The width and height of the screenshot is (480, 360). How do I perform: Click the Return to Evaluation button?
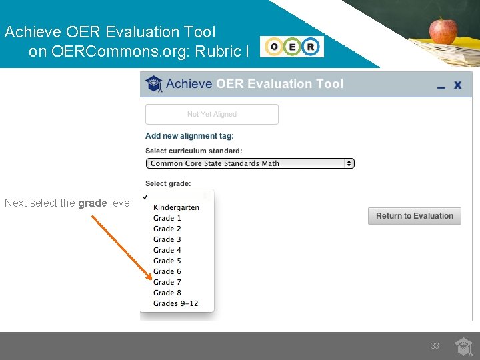pyautogui.click(x=414, y=216)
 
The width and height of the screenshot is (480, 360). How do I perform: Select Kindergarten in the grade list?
pyautogui.click(x=176, y=207)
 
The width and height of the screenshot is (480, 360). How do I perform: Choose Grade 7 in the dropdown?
pyautogui.click(x=167, y=282)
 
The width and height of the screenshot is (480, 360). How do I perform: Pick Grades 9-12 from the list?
pyautogui.click(x=175, y=303)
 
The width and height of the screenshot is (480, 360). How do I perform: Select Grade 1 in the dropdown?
pyautogui.click(x=167, y=218)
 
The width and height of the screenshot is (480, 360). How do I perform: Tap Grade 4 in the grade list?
pyautogui.click(x=167, y=250)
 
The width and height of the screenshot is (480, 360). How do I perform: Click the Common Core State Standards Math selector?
pyautogui.click(x=249, y=163)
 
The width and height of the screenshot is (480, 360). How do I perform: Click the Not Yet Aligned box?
pyautogui.click(x=211, y=114)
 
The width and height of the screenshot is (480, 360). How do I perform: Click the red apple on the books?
pyautogui.click(x=443, y=31)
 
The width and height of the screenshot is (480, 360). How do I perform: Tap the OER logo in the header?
pyautogui.click(x=292, y=47)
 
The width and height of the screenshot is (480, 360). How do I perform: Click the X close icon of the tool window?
pyautogui.click(x=458, y=85)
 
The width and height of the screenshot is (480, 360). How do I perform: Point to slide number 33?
pyautogui.click(x=435, y=346)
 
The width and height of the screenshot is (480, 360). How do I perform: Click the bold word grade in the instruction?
pyautogui.click(x=91, y=203)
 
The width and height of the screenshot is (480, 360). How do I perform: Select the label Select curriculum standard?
pyautogui.click(x=193, y=151)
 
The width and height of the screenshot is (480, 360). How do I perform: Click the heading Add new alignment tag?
pyautogui.click(x=189, y=136)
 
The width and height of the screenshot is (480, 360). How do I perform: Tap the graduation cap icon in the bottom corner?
pyautogui.click(x=464, y=346)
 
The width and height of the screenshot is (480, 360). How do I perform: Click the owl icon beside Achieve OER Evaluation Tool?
pyautogui.click(x=154, y=84)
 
